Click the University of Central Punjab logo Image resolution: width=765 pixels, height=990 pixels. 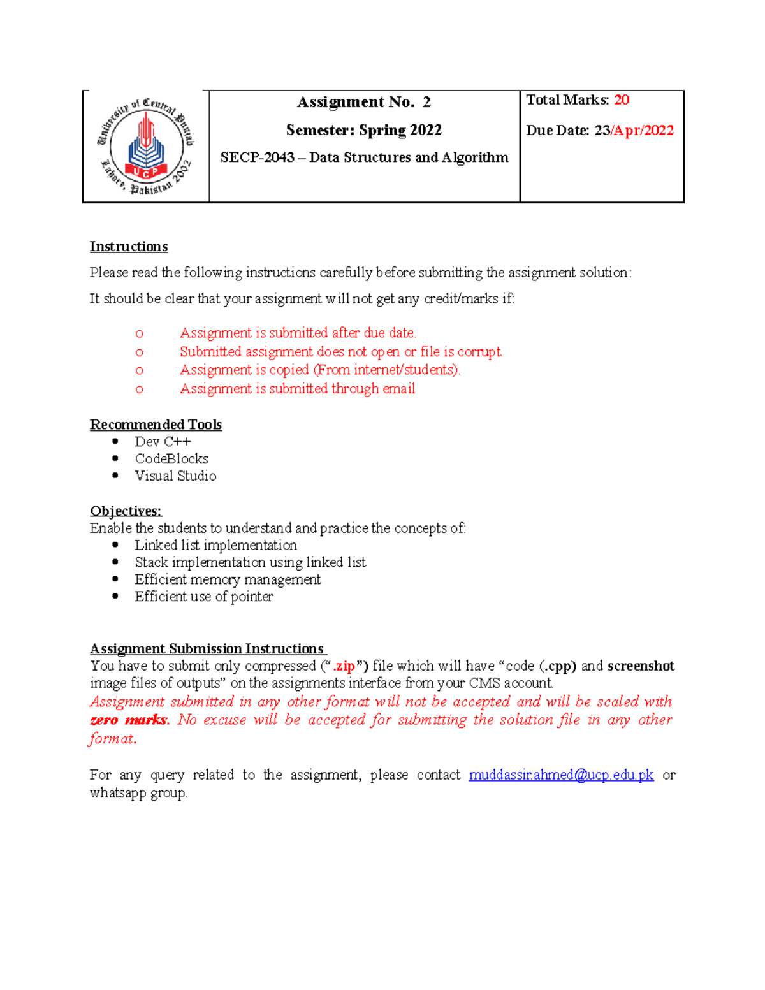click(146, 146)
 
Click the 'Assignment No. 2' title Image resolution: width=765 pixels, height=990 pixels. click(364, 102)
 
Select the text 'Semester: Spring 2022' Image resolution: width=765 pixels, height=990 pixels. click(364, 130)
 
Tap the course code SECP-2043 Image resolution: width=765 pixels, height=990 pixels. click(257, 157)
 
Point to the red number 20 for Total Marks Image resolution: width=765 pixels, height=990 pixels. click(622, 100)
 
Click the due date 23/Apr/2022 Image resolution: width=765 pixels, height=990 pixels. click(634, 131)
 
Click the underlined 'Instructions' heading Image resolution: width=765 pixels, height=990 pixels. click(129, 247)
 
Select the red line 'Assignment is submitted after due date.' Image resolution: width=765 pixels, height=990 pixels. click(298, 333)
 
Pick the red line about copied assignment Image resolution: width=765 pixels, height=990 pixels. click(319, 370)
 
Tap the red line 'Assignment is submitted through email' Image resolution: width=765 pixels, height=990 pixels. click(297, 389)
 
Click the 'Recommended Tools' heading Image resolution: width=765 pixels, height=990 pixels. click(156, 425)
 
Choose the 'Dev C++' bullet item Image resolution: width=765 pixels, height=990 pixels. click(163, 442)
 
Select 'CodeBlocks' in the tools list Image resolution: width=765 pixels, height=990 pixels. click(171, 459)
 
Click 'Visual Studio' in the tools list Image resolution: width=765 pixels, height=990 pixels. click(175, 476)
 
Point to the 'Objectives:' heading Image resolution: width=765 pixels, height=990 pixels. click(126, 511)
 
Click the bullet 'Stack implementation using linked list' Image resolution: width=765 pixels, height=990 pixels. click(250, 562)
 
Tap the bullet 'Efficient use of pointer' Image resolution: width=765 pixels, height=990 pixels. click(203, 597)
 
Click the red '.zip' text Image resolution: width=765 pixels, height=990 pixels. click(344, 666)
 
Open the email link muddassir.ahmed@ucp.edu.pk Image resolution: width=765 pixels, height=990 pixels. click(561, 775)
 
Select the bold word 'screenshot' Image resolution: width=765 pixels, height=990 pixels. click(641, 666)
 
